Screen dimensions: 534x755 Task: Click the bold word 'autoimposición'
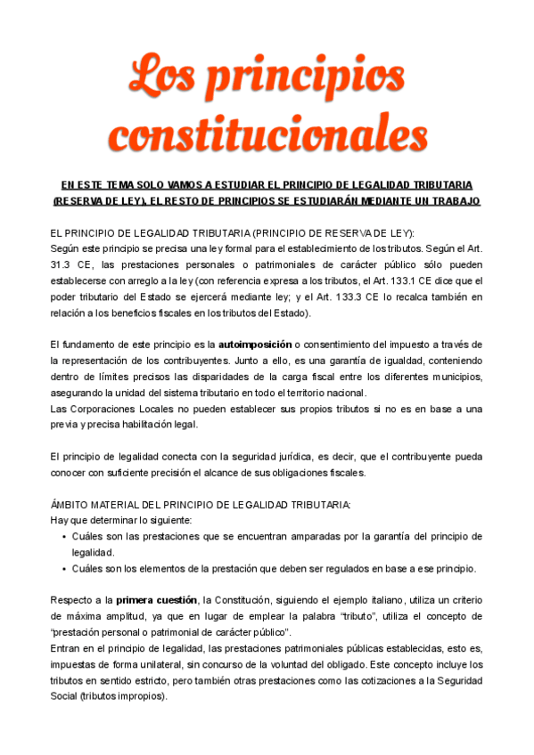pos(255,345)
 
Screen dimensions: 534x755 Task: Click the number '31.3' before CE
pos(62,264)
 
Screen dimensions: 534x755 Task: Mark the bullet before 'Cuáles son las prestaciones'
pos(63,537)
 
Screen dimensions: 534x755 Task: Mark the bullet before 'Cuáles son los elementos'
pos(63,569)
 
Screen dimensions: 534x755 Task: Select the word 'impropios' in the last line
pos(137,695)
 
